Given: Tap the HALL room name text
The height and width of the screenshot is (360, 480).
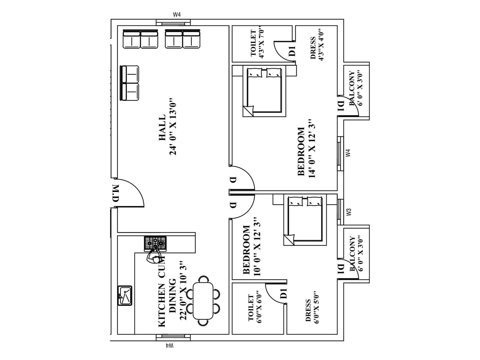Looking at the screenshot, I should point(162,127).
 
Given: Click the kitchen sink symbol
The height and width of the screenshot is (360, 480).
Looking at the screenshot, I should point(125,295).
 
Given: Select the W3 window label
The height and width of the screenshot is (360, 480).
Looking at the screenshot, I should point(348,212).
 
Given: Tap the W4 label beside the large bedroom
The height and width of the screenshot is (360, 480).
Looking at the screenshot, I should point(348,153).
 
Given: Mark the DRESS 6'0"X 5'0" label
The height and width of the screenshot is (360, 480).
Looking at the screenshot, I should point(312,310).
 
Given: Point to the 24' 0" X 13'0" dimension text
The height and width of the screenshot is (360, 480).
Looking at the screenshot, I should point(173,127).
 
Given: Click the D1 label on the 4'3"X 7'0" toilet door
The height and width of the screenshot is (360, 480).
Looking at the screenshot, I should point(292,50).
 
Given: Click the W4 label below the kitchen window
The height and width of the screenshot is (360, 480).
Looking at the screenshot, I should point(169,346).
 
